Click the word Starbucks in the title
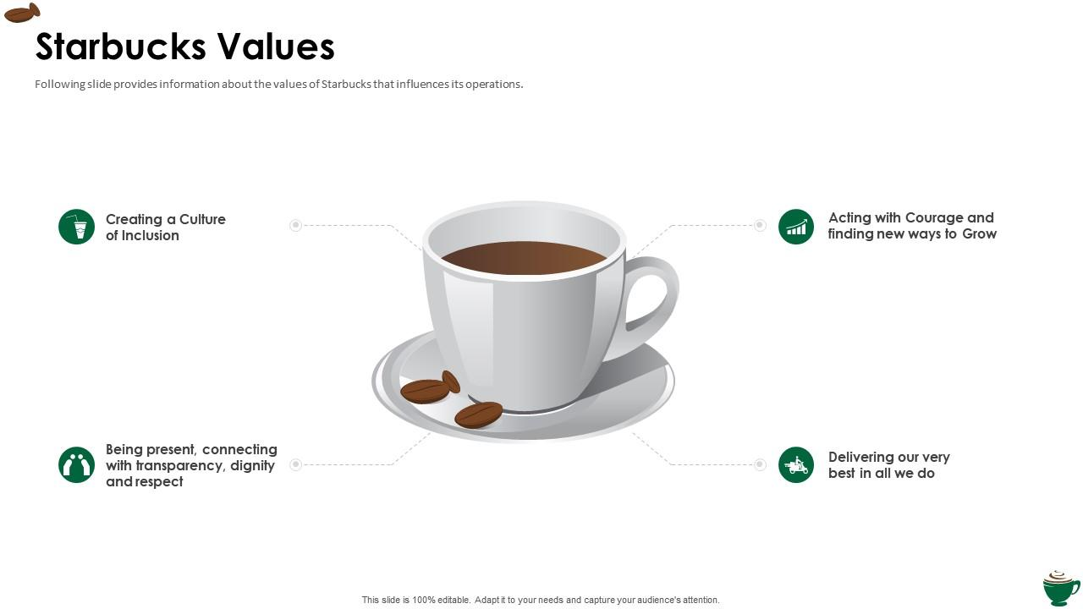(x=121, y=47)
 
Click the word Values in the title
(x=276, y=47)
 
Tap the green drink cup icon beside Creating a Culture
(x=76, y=227)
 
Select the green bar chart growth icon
(x=796, y=227)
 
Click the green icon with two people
(x=76, y=464)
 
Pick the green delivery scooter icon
(x=796, y=464)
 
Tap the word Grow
(x=980, y=234)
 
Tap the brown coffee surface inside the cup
(x=524, y=258)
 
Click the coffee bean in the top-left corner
(x=22, y=13)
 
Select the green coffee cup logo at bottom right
(x=1061, y=588)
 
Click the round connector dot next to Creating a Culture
(x=295, y=225)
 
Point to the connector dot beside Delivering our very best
(x=760, y=464)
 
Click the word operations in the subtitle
(x=494, y=85)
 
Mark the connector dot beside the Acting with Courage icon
(x=760, y=225)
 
